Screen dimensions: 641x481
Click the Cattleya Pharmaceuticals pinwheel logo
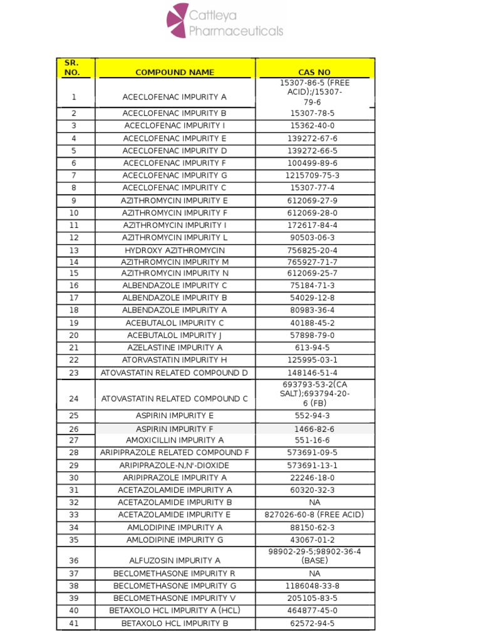[177, 20]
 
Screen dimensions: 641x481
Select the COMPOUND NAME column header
[175, 73]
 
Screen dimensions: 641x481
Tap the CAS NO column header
[315, 73]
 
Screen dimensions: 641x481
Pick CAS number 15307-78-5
[312, 113]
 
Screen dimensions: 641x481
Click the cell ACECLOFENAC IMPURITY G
[175, 175]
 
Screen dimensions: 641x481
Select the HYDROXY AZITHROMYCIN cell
[175, 250]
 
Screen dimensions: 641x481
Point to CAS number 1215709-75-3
[312, 175]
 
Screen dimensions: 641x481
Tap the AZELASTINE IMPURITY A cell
[175, 347]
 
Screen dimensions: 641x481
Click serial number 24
[74, 399]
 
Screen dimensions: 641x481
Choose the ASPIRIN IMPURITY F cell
[175, 429]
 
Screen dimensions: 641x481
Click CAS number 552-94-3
[312, 416]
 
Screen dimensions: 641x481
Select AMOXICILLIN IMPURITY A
[175, 440]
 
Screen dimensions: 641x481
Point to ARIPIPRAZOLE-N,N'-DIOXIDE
[175, 465]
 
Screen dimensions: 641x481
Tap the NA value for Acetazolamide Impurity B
[314, 502]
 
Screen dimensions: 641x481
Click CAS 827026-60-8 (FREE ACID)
[314, 515]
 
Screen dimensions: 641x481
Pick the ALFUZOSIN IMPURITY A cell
[175, 561]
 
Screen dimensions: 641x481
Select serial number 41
[74, 623]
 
